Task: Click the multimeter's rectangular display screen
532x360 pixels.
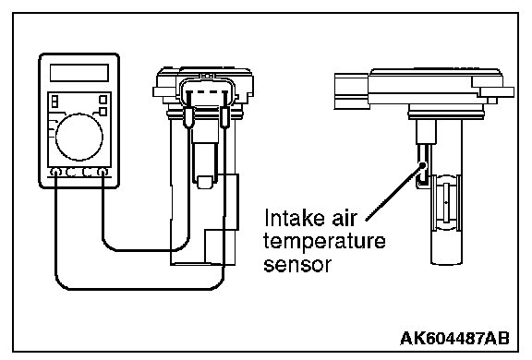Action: pyautogui.click(x=79, y=73)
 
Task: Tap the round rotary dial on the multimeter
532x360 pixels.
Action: pyautogui.click(x=79, y=137)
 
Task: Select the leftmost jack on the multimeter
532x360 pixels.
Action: pyautogui.click(x=55, y=173)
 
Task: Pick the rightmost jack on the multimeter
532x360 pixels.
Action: pyautogui.click(x=103, y=173)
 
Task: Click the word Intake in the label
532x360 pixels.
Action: pyautogui.click(x=293, y=217)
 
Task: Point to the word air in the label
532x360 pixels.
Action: pyautogui.click(x=344, y=217)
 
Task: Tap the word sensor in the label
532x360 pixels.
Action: pyautogui.click(x=297, y=264)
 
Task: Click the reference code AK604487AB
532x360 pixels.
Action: pyautogui.click(x=454, y=338)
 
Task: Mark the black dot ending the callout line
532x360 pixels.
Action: pyautogui.click(x=422, y=165)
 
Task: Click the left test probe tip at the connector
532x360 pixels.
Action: pyautogui.click(x=188, y=117)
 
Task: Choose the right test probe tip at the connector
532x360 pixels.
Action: pyautogui.click(x=224, y=117)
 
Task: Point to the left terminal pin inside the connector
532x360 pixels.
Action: pyautogui.click(x=189, y=98)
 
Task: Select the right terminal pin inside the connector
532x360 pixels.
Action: pyautogui.click(x=224, y=98)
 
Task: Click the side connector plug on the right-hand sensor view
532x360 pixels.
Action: pyautogui.click(x=352, y=91)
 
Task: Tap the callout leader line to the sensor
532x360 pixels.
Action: pyautogui.click(x=393, y=193)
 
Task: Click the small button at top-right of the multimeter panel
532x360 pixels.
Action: pyautogui.click(x=103, y=100)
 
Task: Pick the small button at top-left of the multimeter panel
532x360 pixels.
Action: pyautogui.click(x=54, y=101)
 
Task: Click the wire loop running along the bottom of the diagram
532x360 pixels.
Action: pyautogui.click(x=139, y=289)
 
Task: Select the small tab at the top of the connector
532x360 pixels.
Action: pyautogui.click(x=207, y=77)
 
